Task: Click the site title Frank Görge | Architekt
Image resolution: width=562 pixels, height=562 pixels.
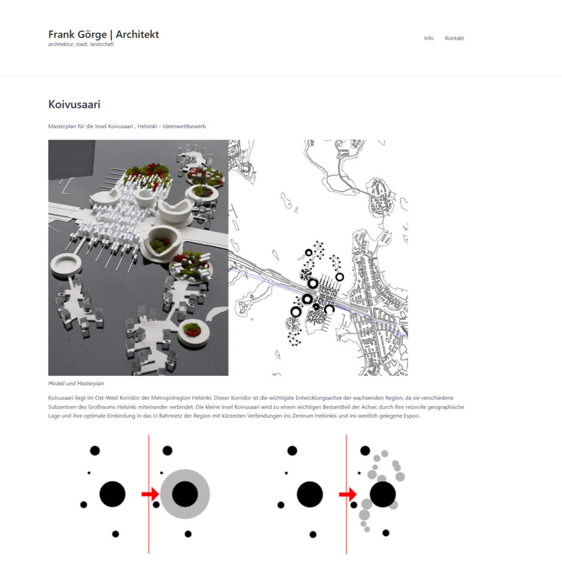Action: coord(104,34)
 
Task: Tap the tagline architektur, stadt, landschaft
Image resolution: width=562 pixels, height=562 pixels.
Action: coord(81,45)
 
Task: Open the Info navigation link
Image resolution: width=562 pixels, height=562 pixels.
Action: coord(429,38)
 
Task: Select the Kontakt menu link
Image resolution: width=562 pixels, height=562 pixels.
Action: coord(455,38)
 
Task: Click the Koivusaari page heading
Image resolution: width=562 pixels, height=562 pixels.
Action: coord(74,104)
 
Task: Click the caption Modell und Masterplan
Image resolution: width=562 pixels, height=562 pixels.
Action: coord(76,384)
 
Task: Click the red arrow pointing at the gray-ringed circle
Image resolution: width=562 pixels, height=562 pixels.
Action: coord(150,494)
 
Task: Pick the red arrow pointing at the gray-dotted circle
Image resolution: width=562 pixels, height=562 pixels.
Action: coord(347,494)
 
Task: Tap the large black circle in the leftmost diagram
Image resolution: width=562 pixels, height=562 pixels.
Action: coord(112,494)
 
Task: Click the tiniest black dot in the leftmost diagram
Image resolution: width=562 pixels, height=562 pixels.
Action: coord(89,473)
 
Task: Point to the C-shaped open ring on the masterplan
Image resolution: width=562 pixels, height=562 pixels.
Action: coord(329,309)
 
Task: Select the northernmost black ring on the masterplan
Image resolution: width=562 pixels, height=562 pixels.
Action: coord(308,253)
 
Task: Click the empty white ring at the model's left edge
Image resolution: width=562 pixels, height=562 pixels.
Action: coord(66,264)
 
